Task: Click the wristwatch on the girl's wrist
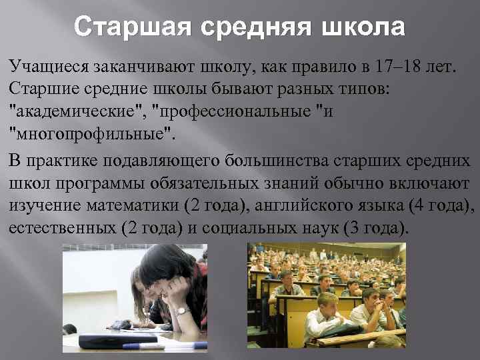[x=181, y=311]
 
